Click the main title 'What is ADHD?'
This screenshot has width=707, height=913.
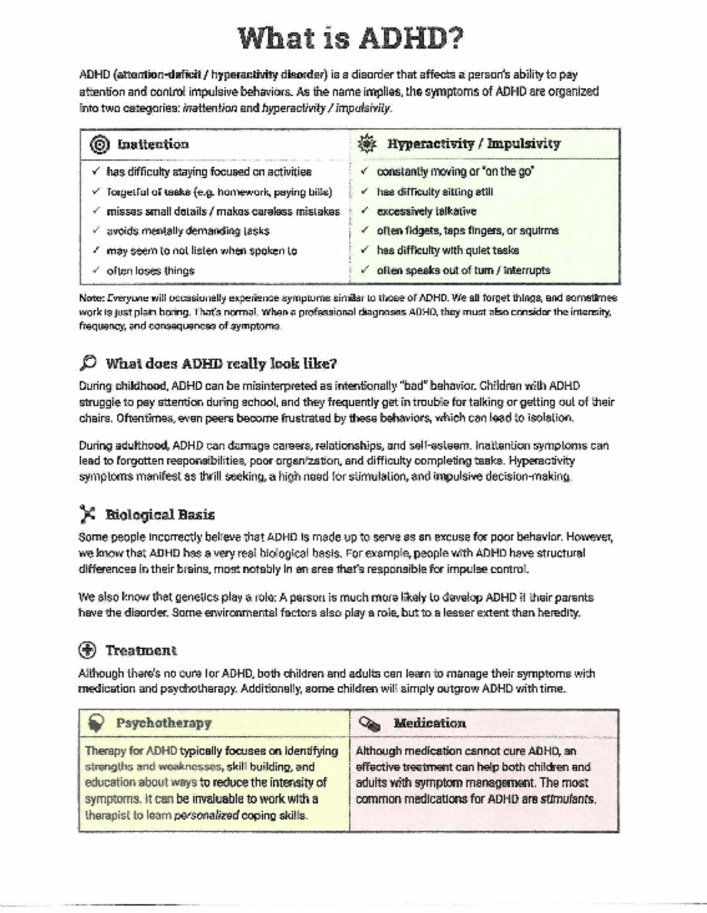351,39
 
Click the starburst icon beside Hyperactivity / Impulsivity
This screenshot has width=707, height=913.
367,144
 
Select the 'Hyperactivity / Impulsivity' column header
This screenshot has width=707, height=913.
474,144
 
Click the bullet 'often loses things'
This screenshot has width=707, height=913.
150,271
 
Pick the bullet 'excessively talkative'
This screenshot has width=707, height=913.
427,211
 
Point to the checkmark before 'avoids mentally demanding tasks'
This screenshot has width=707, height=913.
96,231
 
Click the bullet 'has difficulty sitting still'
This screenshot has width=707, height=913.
435,192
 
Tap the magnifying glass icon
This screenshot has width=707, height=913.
87,363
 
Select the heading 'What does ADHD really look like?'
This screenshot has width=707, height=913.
221,363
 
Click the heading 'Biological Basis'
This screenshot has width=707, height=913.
160,514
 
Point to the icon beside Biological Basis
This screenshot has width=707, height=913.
87,514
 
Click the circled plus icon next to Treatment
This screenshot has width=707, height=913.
87,650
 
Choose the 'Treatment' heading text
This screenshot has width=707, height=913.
141,650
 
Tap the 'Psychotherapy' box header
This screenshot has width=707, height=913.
163,723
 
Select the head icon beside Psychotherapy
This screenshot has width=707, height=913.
96,723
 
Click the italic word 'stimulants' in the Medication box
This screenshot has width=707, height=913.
568,799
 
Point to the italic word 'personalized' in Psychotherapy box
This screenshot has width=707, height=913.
207,816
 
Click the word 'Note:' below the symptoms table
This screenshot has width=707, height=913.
91,298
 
